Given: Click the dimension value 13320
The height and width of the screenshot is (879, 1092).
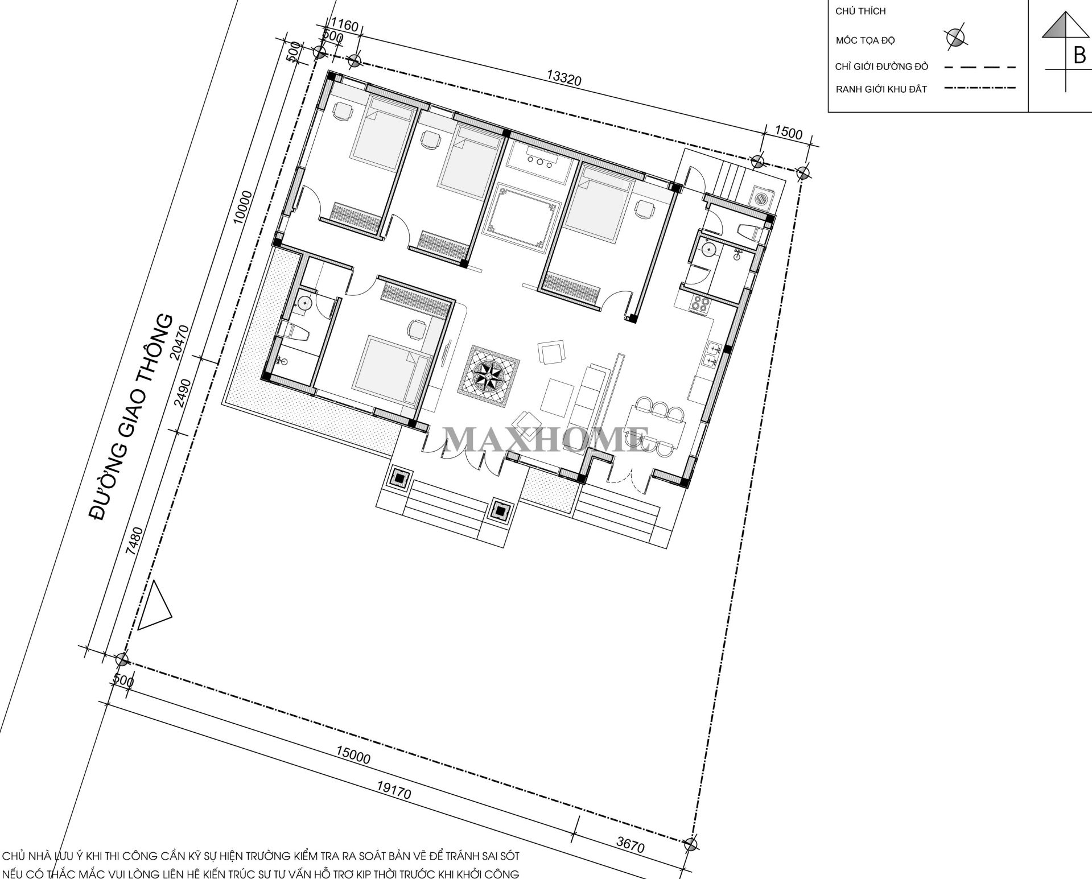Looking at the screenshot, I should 564,79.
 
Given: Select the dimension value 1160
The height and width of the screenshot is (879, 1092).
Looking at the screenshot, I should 344,26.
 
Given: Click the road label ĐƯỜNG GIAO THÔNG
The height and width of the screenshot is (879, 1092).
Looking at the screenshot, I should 132,416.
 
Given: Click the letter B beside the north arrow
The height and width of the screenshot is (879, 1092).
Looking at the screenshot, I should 1078,56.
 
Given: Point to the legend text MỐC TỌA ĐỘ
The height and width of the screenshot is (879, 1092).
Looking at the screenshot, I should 865,40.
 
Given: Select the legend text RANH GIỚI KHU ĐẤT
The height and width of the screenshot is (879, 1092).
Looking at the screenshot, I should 881,89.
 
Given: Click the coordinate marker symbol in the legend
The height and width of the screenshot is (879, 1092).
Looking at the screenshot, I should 955,38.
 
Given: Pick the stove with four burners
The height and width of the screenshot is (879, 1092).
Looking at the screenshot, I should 699,303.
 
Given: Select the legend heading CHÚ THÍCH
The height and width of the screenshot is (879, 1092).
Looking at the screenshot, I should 860,11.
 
